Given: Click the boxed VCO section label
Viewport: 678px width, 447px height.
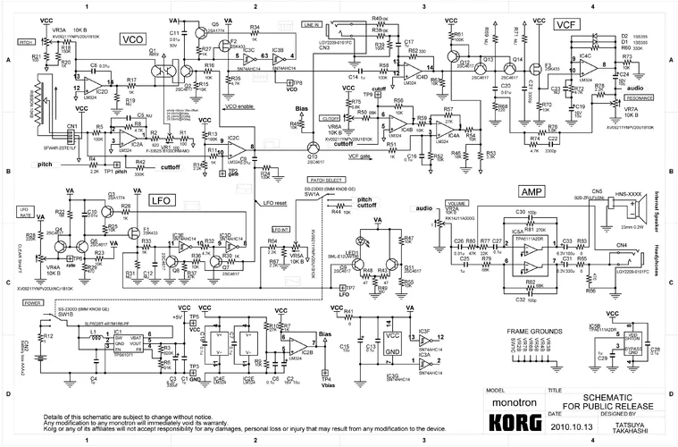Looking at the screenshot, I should click(x=133, y=39).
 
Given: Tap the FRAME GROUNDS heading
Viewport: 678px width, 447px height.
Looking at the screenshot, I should click(x=535, y=331).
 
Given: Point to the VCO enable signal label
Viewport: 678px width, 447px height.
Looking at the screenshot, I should click(x=245, y=107).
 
